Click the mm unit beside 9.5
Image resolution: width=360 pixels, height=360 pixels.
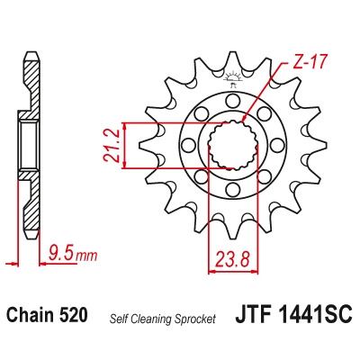point(86,257)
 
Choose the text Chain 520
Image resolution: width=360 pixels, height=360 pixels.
point(47,316)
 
